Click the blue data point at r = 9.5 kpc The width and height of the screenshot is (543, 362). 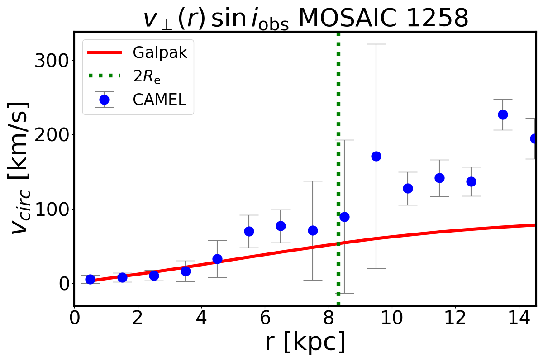tap(376, 156)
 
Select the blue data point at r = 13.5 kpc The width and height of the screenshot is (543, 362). tap(503, 114)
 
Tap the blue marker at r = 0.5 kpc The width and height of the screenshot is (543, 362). tap(90, 279)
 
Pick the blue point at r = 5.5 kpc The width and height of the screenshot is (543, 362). tap(249, 231)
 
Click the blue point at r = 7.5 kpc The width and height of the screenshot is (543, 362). tap(313, 230)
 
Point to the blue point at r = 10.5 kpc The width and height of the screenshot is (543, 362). tap(408, 188)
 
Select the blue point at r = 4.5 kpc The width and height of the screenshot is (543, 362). tap(217, 259)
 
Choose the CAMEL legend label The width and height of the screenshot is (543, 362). tap(159, 100)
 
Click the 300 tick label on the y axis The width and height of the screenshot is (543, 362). tap(51, 61)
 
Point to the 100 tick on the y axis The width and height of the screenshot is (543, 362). tap(51, 210)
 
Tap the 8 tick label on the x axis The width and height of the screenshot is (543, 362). tap(329, 317)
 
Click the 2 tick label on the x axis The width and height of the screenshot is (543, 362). tap(138, 317)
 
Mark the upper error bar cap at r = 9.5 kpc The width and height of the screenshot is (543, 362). tap(376, 44)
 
